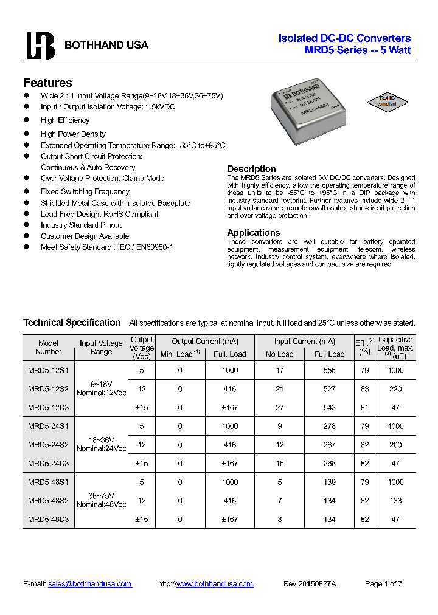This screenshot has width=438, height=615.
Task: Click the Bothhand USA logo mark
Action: point(41,45)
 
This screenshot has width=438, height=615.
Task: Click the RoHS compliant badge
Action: point(387,101)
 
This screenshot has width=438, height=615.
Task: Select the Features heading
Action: point(47,83)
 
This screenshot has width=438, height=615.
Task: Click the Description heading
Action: point(251,169)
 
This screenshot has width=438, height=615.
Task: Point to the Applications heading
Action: point(254,233)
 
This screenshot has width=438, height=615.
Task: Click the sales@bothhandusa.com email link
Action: point(90,584)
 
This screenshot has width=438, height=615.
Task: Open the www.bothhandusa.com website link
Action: point(214,584)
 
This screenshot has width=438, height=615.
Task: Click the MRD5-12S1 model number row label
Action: point(48,371)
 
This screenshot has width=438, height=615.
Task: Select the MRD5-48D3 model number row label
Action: point(48,520)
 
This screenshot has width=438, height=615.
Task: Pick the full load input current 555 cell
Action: point(329,371)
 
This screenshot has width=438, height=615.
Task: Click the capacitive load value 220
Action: point(395,389)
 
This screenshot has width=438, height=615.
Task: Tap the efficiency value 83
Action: point(364,389)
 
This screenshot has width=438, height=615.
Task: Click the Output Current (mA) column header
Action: point(205,342)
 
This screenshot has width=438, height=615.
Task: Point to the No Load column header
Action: point(280,354)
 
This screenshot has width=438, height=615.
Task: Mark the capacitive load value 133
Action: point(395,501)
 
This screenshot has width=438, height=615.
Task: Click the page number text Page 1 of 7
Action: point(383,584)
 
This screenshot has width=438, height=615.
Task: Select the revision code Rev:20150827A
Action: point(310,584)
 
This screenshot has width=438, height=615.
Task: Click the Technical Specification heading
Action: point(72,323)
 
